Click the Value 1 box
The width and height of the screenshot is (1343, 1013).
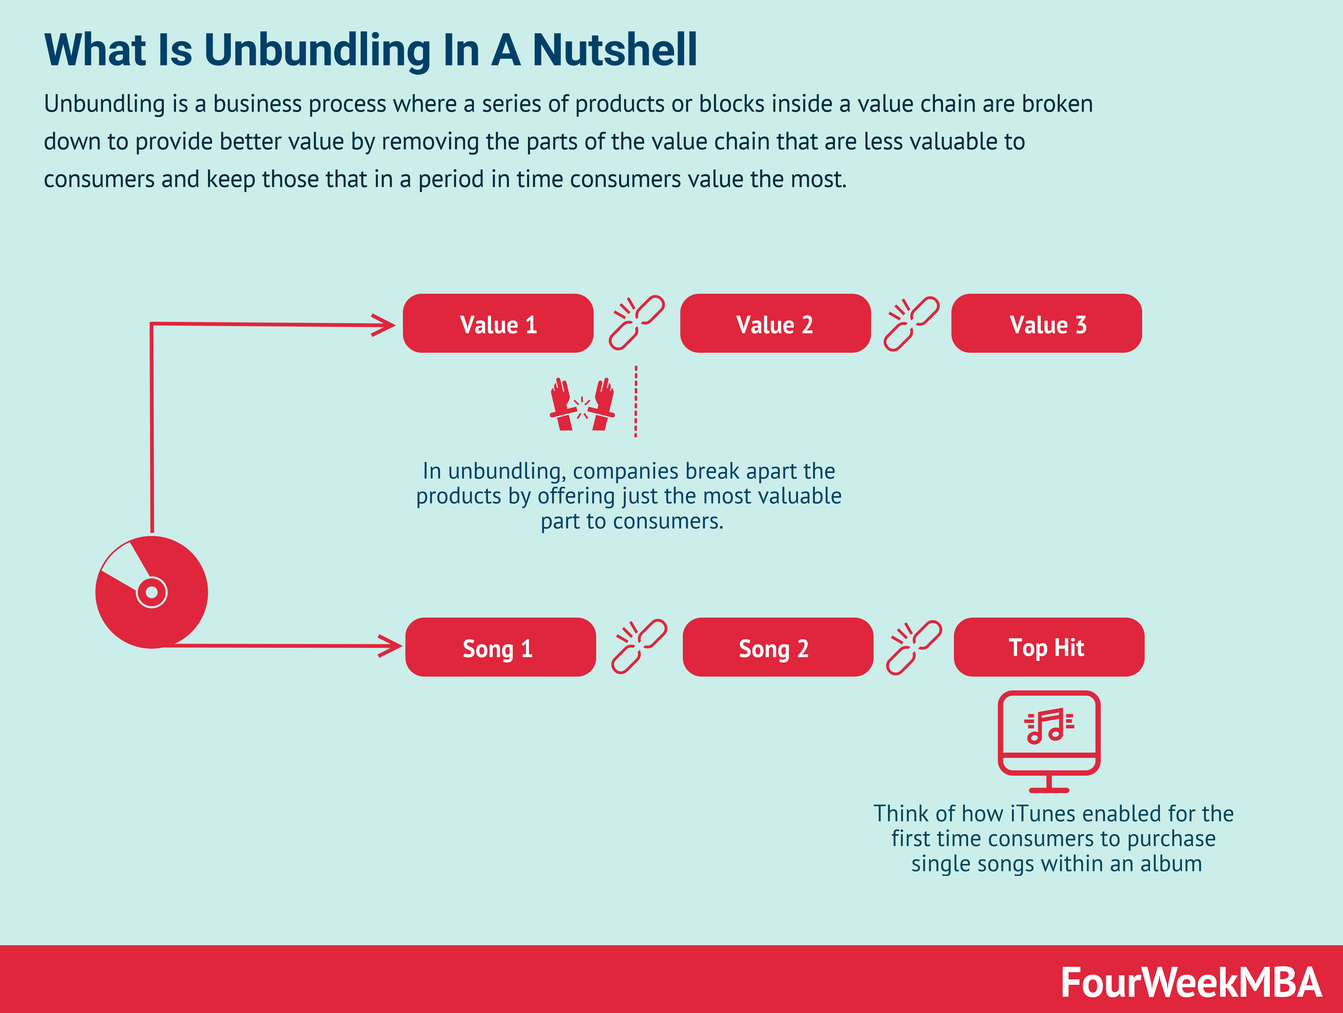coord(498,324)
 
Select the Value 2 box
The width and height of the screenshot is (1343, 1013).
coord(775,324)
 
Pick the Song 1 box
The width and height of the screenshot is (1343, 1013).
coord(500,647)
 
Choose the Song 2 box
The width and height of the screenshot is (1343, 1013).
coord(777,647)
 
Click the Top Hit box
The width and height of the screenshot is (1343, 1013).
coord(1049,647)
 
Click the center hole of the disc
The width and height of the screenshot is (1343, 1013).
coord(152,592)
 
